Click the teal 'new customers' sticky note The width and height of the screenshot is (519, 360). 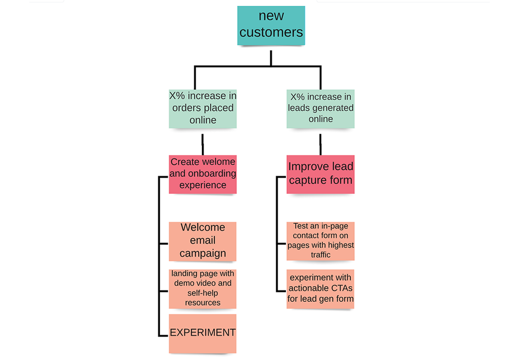click(271, 25)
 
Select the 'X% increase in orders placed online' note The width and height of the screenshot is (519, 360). click(203, 109)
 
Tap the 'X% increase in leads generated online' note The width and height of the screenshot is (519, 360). click(321, 108)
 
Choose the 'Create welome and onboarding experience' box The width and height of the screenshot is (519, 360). click(203, 174)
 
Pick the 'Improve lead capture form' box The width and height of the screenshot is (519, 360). click(321, 174)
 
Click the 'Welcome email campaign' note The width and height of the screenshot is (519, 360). click(203, 241)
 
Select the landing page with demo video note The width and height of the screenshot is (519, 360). click(203, 288)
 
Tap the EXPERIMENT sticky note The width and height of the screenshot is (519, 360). click(203, 333)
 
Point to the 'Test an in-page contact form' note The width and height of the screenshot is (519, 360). click(321, 241)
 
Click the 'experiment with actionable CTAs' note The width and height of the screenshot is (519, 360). click(321, 289)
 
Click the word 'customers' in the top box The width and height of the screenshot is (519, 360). click(271, 32)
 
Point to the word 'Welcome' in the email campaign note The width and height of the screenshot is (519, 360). click(203, 228)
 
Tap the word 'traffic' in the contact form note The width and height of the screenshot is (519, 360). click(320, 255)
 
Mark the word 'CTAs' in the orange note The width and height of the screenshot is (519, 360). click(338, 288)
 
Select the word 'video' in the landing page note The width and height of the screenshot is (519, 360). click(204, 284)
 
